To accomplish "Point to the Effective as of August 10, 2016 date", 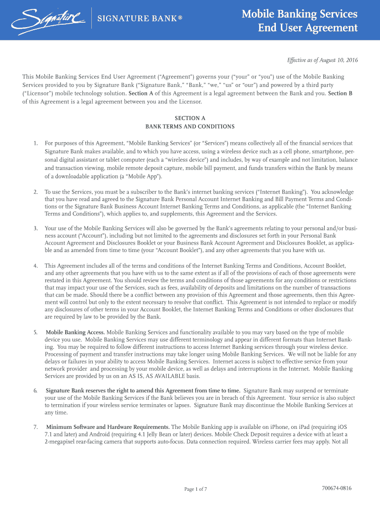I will [322, 60].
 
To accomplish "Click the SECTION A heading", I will [190, 118].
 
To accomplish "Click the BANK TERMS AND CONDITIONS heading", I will [190, 126].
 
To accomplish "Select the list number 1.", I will [36, 143].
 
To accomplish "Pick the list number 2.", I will [36, 191].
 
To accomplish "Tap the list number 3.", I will [36, 228].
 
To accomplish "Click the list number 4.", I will [36, 265].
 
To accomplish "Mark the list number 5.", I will [36, 332].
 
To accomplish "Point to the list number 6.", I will [36, 390].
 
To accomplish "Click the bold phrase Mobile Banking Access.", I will [75, 332].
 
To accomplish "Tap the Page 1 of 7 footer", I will [195, 489].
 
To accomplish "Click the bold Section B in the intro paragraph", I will [340, 93].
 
